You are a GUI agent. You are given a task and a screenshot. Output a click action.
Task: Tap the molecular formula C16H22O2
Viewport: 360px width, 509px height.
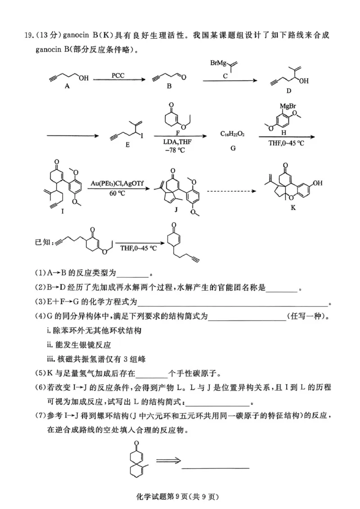[233, 134]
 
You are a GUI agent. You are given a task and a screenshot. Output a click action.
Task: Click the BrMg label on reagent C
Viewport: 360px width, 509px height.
[220, 63]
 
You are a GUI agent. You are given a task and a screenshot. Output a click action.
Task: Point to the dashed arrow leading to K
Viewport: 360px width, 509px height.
[231, 191]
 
